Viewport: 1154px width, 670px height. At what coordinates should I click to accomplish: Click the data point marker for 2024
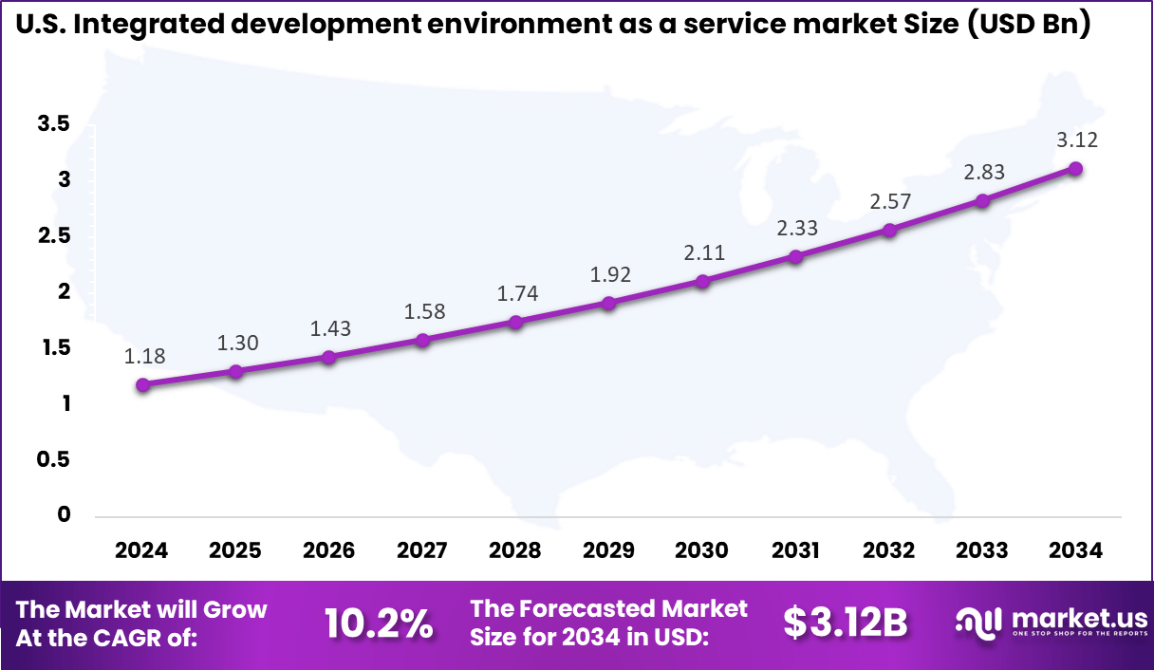142,384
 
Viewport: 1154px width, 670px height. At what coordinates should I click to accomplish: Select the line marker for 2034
1075,168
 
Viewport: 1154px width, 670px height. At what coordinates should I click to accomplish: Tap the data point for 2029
609,303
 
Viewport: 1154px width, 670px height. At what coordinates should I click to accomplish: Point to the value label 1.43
329,328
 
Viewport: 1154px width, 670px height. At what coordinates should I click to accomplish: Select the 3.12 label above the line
1076,140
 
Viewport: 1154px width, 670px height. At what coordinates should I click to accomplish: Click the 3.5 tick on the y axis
54,123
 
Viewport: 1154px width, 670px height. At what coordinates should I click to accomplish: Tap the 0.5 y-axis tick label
54,459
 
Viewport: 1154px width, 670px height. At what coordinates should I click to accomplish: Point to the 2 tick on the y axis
65,291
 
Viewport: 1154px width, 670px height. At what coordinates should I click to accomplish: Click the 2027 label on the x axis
422,550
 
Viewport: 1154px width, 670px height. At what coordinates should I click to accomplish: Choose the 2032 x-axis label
889,550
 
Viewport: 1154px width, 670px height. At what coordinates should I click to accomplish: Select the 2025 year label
235,550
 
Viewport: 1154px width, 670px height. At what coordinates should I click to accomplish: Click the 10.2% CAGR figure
379,623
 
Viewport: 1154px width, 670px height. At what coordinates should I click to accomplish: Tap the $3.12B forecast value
846,623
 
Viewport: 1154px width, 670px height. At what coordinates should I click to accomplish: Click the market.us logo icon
978,623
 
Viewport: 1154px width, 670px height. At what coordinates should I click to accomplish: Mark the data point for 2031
795,256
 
